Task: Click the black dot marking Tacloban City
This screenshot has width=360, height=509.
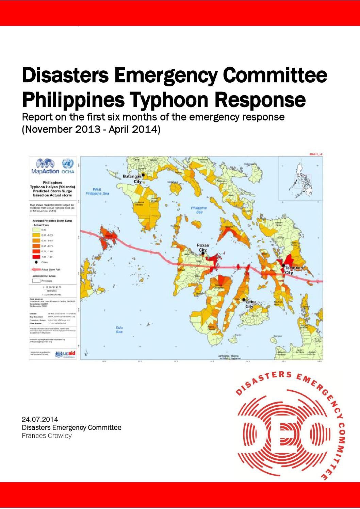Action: (283, 265)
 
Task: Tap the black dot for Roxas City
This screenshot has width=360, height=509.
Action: (203, 253)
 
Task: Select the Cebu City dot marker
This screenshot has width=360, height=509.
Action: (244, 299)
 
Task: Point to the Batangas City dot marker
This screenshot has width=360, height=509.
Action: (143, 175)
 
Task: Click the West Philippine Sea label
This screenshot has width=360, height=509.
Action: (97, 191)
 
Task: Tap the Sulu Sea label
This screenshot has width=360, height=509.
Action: (119, 330)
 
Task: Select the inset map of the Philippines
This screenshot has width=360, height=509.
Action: (300, 179)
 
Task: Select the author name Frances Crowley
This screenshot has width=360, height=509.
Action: (47, 436)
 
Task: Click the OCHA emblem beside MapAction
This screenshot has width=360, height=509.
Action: (68, 164)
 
